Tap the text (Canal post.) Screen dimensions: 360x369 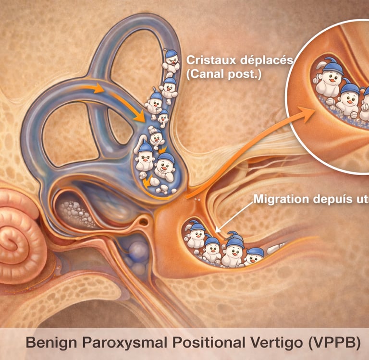pos(223,75)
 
